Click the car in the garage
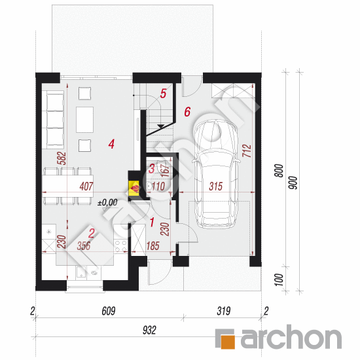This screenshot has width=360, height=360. coord(216,174)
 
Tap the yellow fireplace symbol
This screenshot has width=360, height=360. coord(134,189)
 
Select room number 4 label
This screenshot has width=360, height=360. coord(111,144)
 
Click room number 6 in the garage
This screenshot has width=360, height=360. coord(187,112)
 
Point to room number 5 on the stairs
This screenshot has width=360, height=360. coord(163,94)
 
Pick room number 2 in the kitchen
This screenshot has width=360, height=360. coord(92,233)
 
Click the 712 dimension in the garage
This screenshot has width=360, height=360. coord(247,151)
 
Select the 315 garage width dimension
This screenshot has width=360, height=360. coord(215,186)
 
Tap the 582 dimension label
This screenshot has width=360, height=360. coord(62,158)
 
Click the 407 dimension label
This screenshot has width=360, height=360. coord(86,186)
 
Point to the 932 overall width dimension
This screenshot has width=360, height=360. coord(149,330)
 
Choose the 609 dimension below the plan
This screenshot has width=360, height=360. coord(109,311)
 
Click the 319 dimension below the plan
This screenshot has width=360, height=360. coord(223,311)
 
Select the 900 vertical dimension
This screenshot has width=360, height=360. coord(293,183)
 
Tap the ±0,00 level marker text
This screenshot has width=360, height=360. coord(107,202)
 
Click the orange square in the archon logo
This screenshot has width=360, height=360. coord(228,342)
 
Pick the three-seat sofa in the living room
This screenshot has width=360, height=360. coord(55,119)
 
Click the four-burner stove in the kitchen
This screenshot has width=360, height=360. coord(121,245)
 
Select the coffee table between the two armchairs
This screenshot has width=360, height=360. coord(84,120)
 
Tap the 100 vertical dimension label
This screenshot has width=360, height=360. coord(279,279)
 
